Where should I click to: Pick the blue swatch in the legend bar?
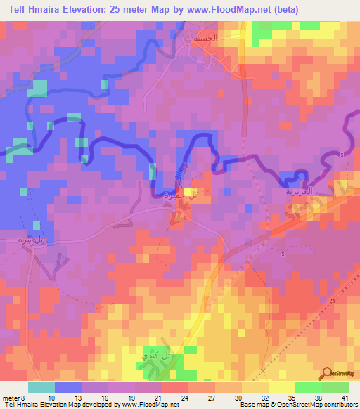tap(69, 387)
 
